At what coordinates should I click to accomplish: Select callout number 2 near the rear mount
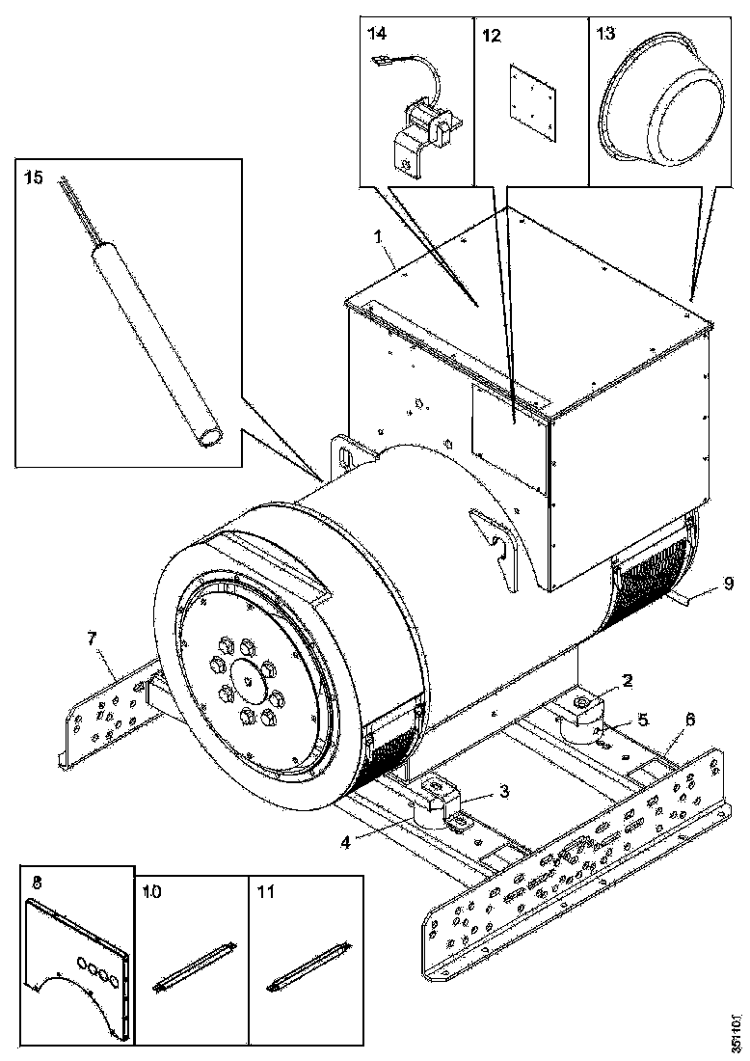627,681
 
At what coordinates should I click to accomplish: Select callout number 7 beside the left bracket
93,639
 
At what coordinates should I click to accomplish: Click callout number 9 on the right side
729,583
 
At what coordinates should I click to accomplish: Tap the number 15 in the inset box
34,178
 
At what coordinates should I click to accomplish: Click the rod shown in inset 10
189,971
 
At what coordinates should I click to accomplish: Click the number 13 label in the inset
605,36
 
